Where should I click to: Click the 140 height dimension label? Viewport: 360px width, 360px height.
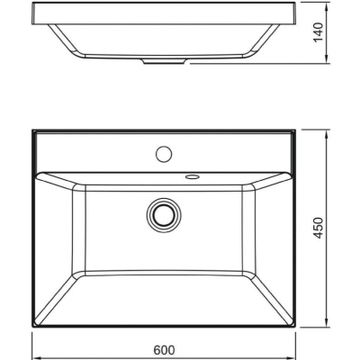click(319, 32)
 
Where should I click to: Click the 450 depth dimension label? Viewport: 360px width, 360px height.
click(319, 228)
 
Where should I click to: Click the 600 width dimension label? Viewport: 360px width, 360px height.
click(164, 350)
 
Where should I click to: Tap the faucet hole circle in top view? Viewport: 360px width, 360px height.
click(164, 154)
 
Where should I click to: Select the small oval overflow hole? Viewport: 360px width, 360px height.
click(193, 176)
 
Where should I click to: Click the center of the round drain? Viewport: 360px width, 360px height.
click(164, 215)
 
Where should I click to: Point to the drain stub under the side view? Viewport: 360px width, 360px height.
click(164, 61)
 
